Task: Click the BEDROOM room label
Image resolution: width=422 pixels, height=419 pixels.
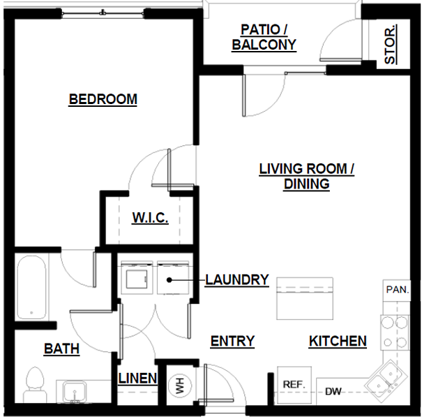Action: click(103, 99)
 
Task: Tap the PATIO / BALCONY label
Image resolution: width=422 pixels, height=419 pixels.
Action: click(264, 38)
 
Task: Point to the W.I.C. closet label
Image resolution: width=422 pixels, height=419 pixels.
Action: click(150, 219)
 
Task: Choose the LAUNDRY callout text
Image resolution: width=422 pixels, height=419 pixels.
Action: click(237, 280)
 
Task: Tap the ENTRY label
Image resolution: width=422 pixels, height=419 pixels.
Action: click(232, 341)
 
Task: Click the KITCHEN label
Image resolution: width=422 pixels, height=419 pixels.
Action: click(338, 341)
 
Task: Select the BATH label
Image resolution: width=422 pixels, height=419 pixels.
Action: click(61, 348)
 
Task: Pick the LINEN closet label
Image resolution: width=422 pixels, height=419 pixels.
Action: click(137, 379)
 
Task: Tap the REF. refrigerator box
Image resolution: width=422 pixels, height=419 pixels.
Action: click(292, 385)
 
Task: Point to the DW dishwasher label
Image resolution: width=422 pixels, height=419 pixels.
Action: click(333, 392)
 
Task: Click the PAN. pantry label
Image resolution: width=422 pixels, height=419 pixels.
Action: click(396, 288)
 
